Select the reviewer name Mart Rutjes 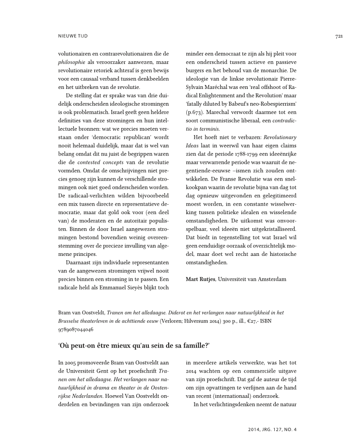[200, 279]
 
